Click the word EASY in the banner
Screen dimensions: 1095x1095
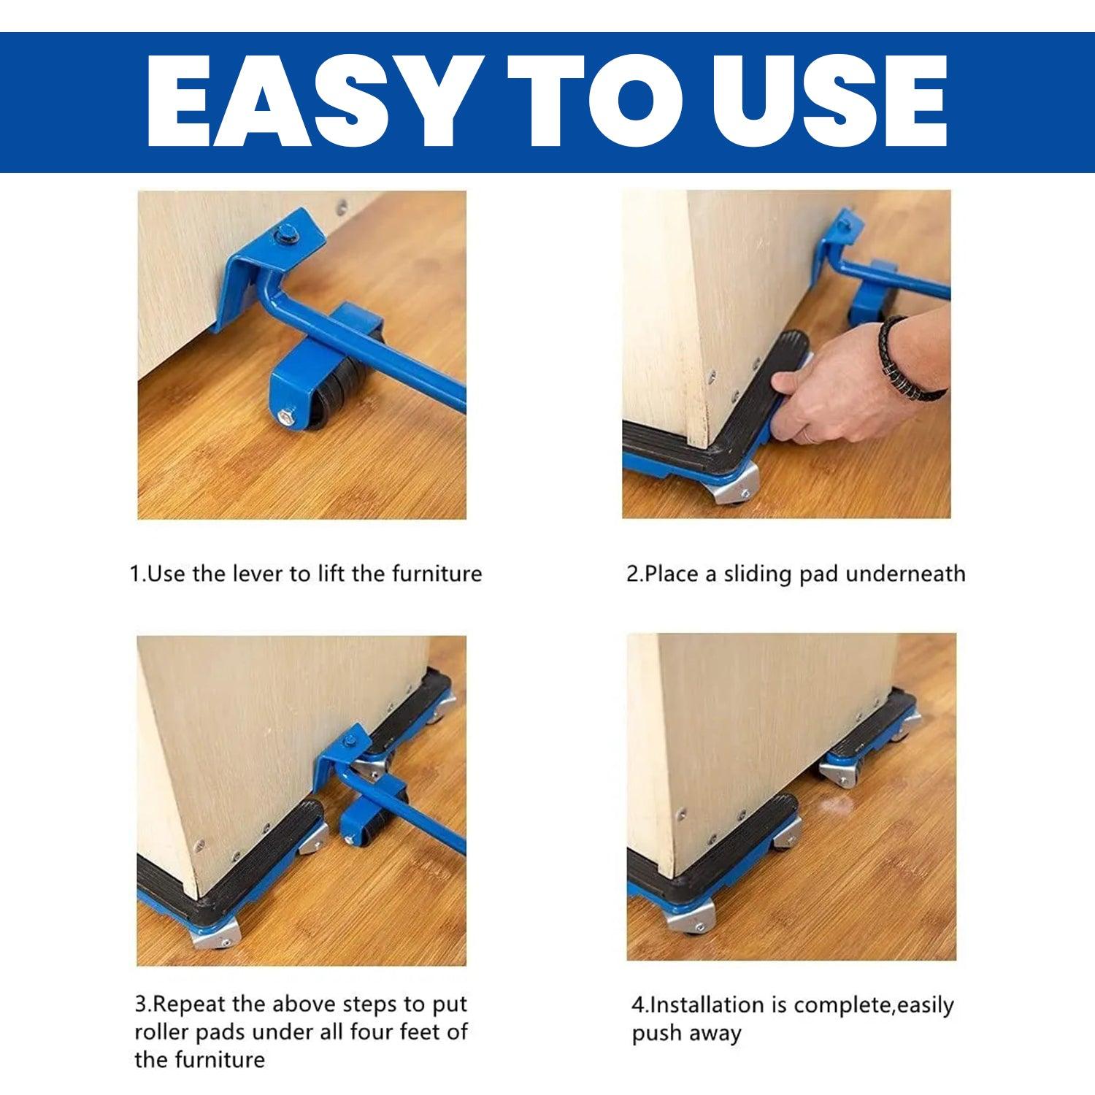(x=307, y=101)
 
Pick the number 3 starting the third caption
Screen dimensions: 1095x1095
(x=141, y=1004)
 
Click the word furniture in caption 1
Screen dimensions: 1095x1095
(x=437, y=574)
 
